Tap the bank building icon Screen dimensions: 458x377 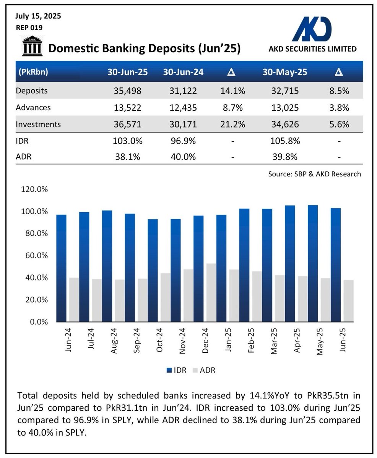(x=32, y=46)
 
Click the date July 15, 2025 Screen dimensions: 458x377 (x=38, y=16)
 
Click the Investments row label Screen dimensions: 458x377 (x=38, y=124)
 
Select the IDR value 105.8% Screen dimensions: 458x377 (x=284, y=140)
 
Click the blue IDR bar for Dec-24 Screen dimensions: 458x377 (x=198, y=269)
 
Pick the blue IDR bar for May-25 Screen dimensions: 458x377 (x=313, y=263)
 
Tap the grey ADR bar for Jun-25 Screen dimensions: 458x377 (x=348, y=301)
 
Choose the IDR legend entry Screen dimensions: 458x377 (x=177, y=370)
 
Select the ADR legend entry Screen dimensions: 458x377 (x=204, y=370)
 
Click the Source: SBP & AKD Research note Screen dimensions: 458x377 (x=314, y=174)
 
